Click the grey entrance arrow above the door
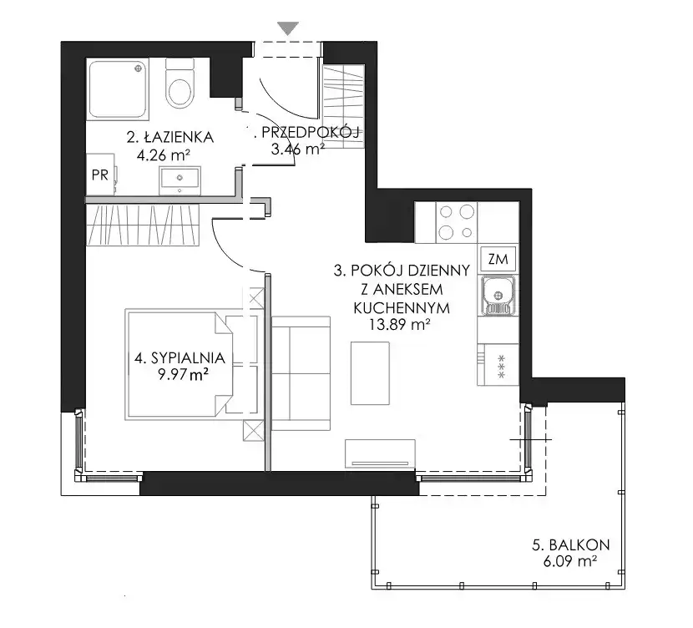point(289,28)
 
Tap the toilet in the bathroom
point(180,83)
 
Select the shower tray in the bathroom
point(118,89)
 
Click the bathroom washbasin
point(180,180)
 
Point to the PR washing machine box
point(101,175)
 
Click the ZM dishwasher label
point(498,259)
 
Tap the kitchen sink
point(498,296)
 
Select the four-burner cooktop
point(457,222)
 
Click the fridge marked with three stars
point(498,365)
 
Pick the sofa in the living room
point(301,373)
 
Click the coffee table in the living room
point(370,373)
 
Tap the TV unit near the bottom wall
point(380,453)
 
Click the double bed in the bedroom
point(191,365)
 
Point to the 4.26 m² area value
point(164,155)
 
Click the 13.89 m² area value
point(400,325)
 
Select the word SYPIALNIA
point(188,357)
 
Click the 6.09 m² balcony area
point(570,561)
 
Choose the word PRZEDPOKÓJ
point(311,132)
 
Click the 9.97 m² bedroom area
point(184,375)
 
